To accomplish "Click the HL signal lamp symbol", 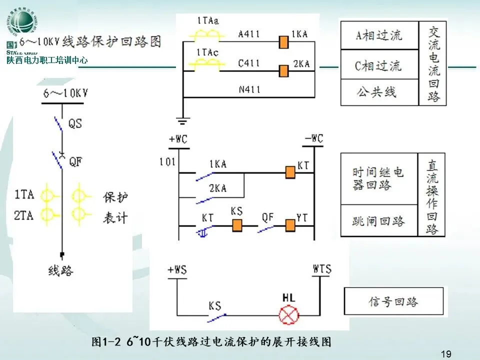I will (x=288, y=315).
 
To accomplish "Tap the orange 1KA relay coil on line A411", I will (x=284, y=42).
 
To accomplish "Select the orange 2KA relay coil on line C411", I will (x=284, y=71).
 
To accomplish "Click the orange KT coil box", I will (x=289, y=172).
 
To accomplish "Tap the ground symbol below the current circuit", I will (x=183, y=120).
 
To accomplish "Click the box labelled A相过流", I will (x=379, y=35).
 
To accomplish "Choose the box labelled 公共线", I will (x=379, y=92).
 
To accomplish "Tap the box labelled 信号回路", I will (x=393, y=302).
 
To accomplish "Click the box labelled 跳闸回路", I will (x=378, y=221).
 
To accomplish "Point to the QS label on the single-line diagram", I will (x=75, y=123).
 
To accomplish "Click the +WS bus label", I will (x=177, y=270).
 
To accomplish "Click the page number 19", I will (x=446, y=354).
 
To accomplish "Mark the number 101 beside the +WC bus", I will (x=167, y=161).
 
